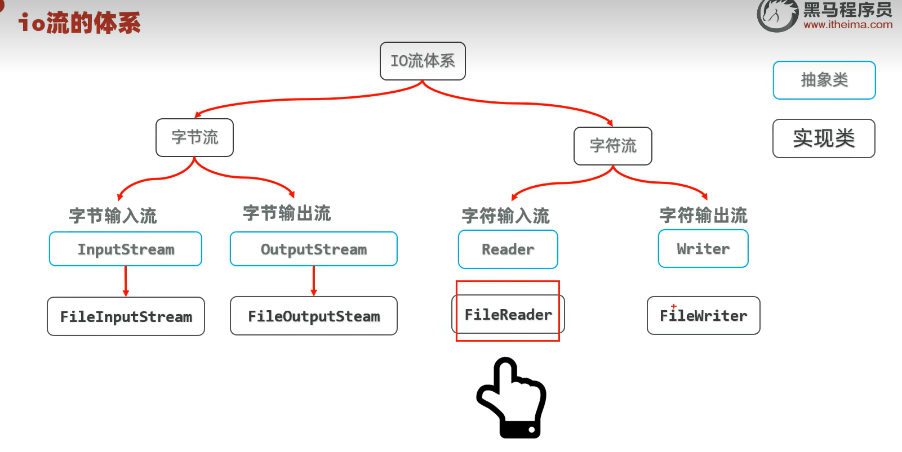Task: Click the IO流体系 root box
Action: click(x=423, y=61)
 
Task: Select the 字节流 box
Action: click(x=194, y=137)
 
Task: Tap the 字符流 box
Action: click(x=612, y=146)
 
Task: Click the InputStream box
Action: click(x=126, y=249)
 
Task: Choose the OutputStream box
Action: click(x=313, y=249)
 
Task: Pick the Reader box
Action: click(x=508, y=249)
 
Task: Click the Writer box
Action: click(x=703, y=248)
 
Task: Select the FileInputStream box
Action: click(x=126, y=316)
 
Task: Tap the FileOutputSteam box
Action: click(x=313, y=316)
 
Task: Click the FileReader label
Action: click(x=508, y=314)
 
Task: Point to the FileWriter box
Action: click(x=703, y=315)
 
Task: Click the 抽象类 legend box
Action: click(x=824, y=80)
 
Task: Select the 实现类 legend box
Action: click(x=824, y=138)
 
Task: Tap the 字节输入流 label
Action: click(x=113, y=216)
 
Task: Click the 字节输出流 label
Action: click(x=287, y=213)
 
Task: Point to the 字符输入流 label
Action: click(x=505, y=216)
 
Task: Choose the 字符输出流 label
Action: click(x=703, y=215)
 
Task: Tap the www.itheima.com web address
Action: click(x=848, y=25)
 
